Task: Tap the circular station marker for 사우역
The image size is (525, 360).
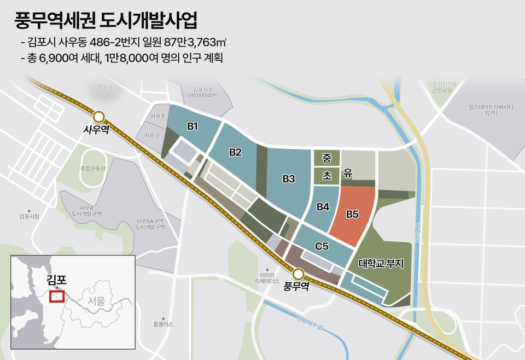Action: (99, 117)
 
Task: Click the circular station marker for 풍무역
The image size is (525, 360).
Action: (298, 274)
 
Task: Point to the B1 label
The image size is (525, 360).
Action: (192, 126)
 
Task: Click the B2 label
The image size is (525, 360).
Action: (235, 152)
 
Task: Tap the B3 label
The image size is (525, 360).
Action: (289, 178)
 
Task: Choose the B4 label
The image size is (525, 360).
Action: (323, 207)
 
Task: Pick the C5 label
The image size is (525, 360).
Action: (322, 247)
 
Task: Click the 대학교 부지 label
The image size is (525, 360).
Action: (381, 264)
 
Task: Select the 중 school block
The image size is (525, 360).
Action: (326, 159)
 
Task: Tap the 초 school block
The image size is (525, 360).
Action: (326, 176)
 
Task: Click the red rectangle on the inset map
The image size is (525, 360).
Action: (57, 296)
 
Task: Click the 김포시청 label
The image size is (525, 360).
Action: (28, 217)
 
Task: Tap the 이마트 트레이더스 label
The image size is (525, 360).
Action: (267, 278)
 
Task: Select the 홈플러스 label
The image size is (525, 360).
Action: (164, 324)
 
